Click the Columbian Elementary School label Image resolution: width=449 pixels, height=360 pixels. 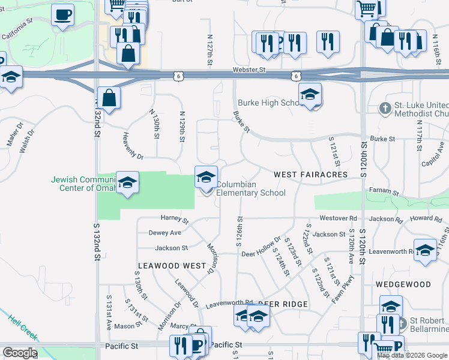click(250, 188)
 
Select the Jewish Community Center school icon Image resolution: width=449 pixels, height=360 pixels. click(127, 182)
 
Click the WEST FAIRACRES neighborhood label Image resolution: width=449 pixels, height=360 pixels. click(310, 174)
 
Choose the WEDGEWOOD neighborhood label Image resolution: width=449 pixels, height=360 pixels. click(403, 284)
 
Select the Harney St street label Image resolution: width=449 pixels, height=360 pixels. click(174, 218)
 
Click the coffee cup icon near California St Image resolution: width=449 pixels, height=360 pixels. click(62, 15)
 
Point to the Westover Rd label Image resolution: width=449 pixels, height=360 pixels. click(338, 218)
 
